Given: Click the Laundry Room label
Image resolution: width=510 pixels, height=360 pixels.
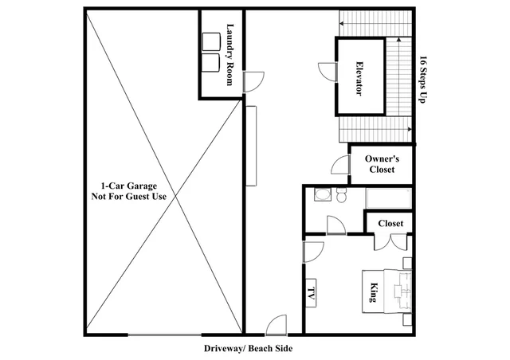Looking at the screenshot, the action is tap(230, 54).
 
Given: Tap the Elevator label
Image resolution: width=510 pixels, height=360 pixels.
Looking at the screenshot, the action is tap(359, 78).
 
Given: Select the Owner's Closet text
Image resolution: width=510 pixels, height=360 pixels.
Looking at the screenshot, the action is tap(382, 164).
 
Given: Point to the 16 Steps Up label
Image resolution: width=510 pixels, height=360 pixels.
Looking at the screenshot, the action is tap(423, 80).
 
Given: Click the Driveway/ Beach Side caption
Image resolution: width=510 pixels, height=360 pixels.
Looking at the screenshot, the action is tap(248, 349).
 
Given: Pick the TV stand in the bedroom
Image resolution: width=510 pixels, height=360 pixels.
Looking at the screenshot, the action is tap(311, 292).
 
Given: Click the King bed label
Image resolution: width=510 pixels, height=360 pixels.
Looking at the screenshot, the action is tap(374, 292).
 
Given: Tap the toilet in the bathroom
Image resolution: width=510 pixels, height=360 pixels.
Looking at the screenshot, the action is tap(341, 195).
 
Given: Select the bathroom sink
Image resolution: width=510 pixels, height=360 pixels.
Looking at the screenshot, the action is tap(323, 195).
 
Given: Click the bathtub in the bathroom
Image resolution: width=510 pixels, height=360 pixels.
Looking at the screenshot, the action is tap(389, 198).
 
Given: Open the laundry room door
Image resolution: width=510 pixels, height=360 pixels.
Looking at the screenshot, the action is tap(253, 82).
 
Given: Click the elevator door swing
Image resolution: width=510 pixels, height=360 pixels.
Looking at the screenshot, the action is tap(327, 72).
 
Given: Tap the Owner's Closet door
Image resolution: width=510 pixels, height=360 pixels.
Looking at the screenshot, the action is tap(340, 165).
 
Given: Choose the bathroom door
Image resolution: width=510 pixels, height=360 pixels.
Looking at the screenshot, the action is tap(336, 225).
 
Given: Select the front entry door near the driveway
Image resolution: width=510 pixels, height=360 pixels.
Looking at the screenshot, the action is tap(277, 325).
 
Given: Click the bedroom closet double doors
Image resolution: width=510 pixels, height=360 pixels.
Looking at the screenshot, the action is tap(390, 241).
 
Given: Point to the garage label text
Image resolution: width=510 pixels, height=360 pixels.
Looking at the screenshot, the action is tap(129, 191).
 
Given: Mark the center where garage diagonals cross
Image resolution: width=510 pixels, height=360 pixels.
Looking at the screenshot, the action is tap(176, 196).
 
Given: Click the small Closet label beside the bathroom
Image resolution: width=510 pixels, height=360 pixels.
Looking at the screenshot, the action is tap(390, 224).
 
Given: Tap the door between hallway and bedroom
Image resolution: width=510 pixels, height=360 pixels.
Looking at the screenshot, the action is tap(313, 252).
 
